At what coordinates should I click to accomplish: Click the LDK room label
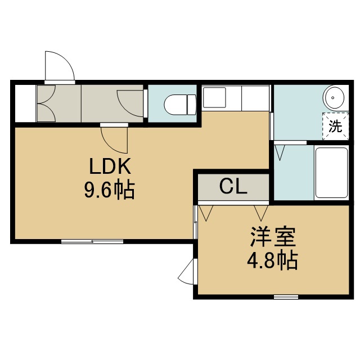[110, 166]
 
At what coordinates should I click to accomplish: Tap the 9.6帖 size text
[109, 190]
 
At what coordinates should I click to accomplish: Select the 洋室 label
[273, 237]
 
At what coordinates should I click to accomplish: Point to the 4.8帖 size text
[272, 261]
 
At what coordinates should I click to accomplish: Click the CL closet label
[233, 186]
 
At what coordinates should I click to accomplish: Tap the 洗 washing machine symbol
[335, 126]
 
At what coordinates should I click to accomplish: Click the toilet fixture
[180, 105]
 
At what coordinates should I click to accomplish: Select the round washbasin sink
[334, 97]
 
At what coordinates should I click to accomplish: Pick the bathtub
[331, 173]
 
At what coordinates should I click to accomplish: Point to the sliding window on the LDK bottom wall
[92, 241]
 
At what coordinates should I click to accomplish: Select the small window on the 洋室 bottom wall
[286, 297]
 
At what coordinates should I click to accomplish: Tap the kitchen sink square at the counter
[214, 97]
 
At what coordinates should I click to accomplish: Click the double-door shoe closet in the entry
[46, 103]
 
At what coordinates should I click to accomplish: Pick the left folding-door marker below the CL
[206, 213]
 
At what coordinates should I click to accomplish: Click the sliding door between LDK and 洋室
[195, 222]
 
